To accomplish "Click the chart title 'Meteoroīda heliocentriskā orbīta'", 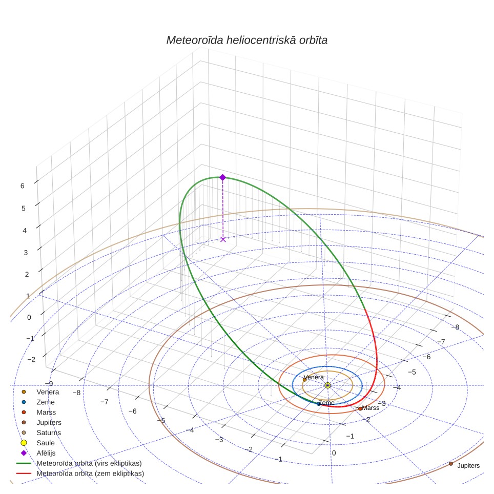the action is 247,40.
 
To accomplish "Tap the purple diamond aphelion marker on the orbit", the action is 223,177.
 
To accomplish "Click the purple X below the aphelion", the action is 223,239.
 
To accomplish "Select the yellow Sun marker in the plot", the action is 327,385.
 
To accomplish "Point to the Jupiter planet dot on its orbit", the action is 451,464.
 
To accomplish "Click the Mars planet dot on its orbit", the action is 360,408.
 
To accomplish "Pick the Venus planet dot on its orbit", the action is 304,380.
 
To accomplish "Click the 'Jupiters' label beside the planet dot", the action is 468,466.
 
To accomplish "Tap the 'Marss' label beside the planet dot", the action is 370,408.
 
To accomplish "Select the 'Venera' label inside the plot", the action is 314,377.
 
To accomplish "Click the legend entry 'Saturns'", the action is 49,433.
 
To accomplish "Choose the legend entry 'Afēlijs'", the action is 46,453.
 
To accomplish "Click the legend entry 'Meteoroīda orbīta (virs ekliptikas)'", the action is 89,463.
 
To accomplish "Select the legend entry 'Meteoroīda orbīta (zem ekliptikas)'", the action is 90,474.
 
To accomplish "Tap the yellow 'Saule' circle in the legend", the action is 24,443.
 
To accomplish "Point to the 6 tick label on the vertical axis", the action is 23,186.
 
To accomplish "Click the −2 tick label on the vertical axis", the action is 31,359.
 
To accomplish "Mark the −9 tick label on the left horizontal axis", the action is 49,384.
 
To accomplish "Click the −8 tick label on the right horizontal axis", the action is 455,327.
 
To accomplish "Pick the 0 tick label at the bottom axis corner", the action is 334,453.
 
